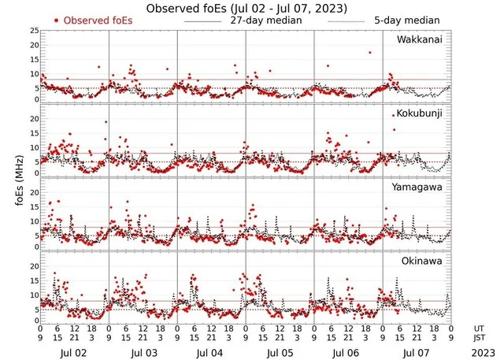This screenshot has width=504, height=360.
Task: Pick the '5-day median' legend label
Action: coord(406,20)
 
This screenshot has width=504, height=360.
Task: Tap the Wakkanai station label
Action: coord(419,39)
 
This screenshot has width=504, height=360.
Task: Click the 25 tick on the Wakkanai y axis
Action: coord(34,30)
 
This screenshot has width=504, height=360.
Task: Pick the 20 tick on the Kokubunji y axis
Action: coord(34,118)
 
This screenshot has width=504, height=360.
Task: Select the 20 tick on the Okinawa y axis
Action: coord(34,266)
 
